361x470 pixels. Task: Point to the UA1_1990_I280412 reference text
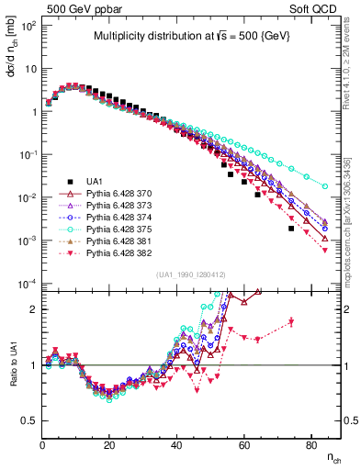tap(191, 274)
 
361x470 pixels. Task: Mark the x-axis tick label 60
tap(243, 445)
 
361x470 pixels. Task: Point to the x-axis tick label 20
tap(109, 445)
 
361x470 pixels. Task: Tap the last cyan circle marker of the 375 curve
tap(324, 186)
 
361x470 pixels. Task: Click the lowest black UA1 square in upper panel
tap(291, 229)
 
